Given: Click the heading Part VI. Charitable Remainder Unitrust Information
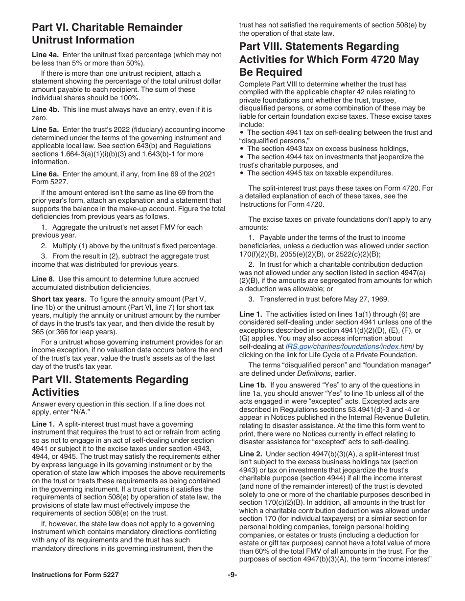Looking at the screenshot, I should [x=107, y=34].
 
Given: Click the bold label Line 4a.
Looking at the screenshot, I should [x=46, y=55].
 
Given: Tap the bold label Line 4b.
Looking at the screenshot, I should [x=46, y=109].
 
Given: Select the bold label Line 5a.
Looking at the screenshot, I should [x=46, y=130].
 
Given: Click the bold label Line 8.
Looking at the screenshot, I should [x=43, y=279].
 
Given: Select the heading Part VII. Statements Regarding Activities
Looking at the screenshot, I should [x=110, y=386].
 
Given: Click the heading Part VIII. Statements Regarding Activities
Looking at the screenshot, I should [x=329, y=60].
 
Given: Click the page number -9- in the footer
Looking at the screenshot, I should [x=232, y=575].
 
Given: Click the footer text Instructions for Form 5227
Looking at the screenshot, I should [x=75, y=575].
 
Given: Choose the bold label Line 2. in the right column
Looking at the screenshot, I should [x=251, y=454].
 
